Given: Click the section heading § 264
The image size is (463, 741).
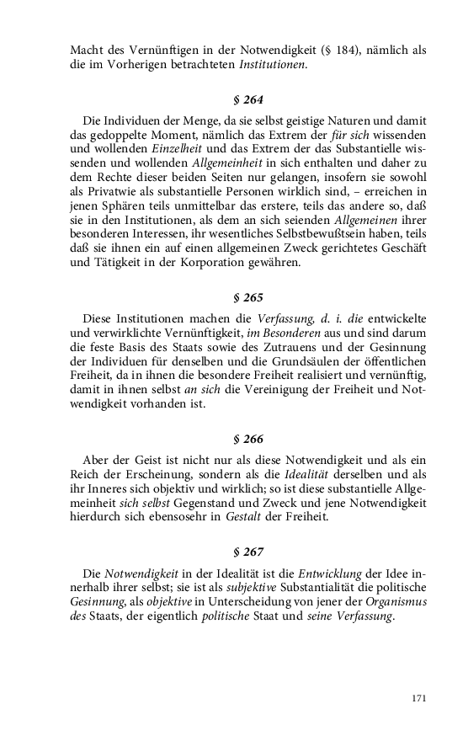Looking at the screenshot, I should point(247,99).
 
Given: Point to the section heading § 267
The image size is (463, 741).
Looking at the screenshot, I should point(247,552).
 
